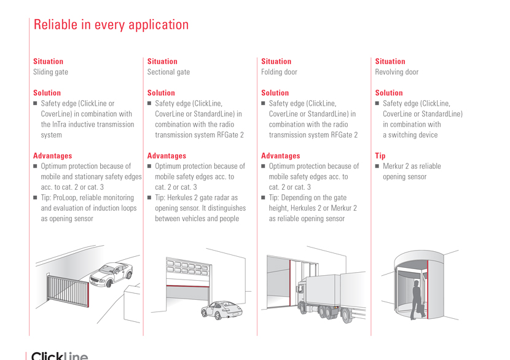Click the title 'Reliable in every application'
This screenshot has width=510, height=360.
point(111,25)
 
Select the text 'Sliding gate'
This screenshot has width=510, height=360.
point(50,72)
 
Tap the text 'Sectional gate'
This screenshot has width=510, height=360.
point(168,72)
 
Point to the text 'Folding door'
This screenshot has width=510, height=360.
point(279,72)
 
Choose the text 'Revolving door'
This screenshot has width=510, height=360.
point(396,72)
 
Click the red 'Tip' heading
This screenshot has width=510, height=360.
point(380,156)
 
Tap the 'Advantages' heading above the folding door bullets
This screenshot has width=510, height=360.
point(280,156)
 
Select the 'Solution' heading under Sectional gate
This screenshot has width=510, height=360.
point(161,93)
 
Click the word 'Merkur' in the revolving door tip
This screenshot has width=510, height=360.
point(393,166)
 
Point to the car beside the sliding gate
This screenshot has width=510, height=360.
point(111,274)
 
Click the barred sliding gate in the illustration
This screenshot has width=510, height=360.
point(68,291)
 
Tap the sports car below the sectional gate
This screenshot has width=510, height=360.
point(221,310)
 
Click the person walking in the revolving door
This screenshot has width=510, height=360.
point(417,300)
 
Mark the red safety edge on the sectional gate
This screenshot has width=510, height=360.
point(187,286)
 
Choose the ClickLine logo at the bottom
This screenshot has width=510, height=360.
point(60,356)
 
